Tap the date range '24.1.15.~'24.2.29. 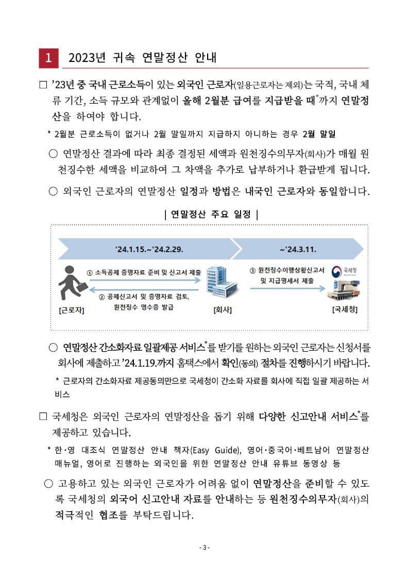149,249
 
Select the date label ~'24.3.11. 298,249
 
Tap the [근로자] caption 72,310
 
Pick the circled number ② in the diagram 101,297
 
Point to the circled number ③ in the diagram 252,270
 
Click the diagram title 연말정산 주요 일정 210,214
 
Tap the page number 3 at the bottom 204,547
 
